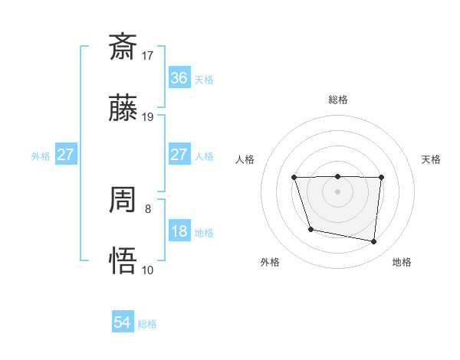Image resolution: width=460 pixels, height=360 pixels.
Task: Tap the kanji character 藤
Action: [123, 109]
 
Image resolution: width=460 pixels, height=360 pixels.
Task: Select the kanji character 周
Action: [123, 201]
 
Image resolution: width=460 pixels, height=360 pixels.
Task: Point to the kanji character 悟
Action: [123, 260]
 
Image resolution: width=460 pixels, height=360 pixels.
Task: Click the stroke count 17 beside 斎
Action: [148, 55]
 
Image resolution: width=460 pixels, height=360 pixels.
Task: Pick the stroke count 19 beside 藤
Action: [148, 117]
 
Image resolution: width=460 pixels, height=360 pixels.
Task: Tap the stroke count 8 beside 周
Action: [148, 208]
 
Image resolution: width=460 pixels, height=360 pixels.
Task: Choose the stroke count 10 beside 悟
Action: [148, 270]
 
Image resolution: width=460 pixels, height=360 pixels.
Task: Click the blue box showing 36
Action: [179, 78]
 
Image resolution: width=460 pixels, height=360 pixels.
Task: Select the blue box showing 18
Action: [179, 231]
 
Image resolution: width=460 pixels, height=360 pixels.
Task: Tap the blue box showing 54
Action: [122, 323]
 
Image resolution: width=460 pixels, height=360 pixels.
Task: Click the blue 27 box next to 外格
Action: [65, 155]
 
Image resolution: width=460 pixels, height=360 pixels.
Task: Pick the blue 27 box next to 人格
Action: [179, 155]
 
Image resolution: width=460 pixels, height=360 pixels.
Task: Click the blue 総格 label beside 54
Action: [147, 324]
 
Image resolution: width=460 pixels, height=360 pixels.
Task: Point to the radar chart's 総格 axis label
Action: [337, 100]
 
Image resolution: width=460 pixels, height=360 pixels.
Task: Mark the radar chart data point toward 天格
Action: [381, 178]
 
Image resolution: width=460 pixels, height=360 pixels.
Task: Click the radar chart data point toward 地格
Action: [374, 242]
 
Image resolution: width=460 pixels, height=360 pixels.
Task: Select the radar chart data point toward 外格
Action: [310, 229]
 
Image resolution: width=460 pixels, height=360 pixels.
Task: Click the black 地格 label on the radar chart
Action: [402, 262]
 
